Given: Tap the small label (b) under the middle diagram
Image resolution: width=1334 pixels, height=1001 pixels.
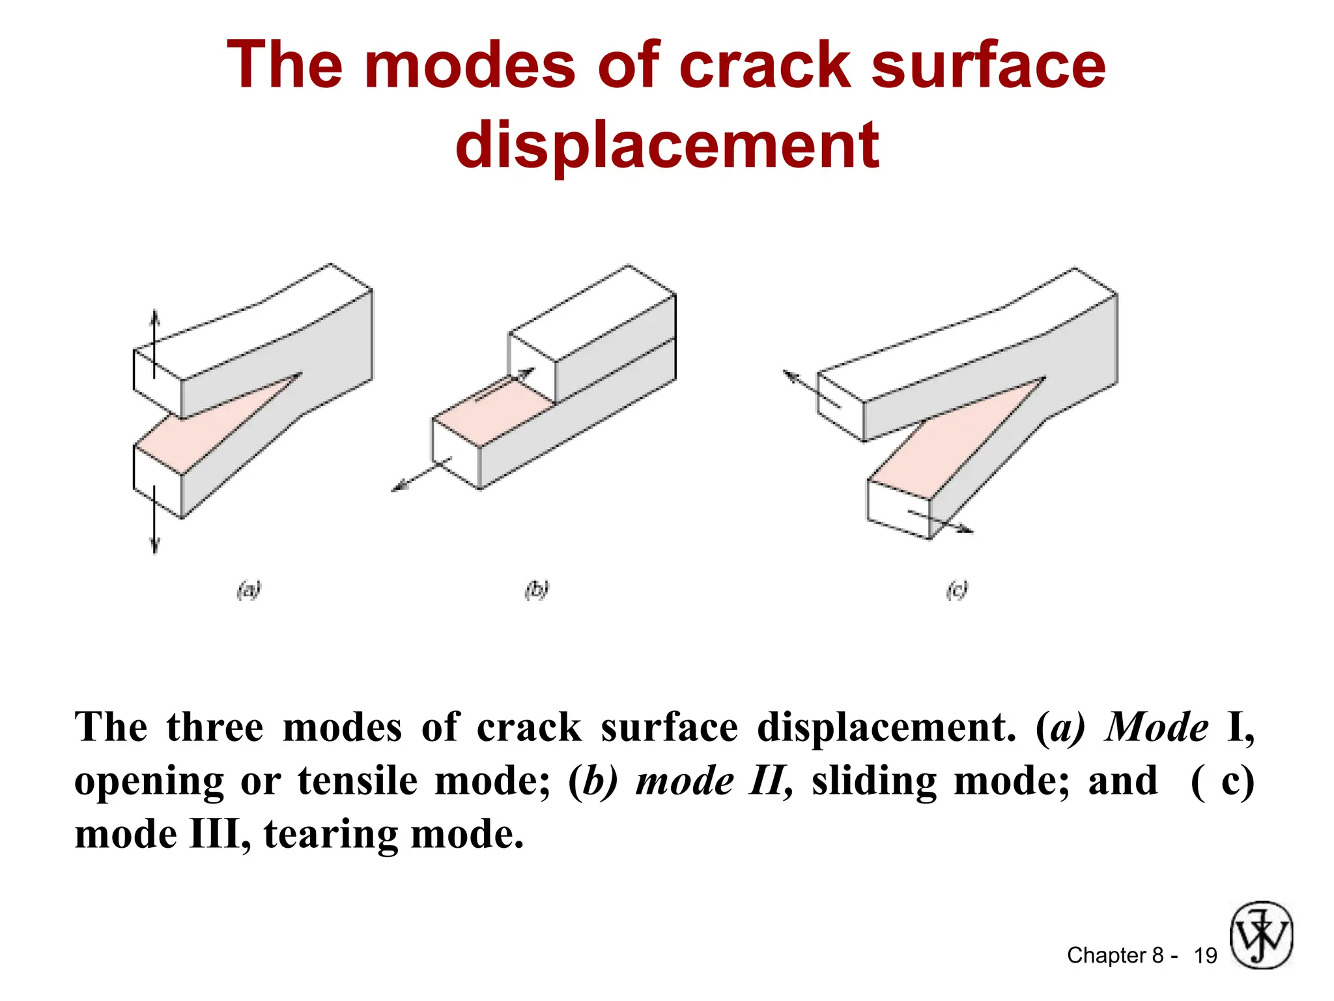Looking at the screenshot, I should (x=537, y=590).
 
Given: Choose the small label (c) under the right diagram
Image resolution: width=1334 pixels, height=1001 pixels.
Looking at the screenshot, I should (x=957, y=590).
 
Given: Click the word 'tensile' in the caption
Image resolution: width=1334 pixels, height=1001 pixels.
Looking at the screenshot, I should (x=358, y=781).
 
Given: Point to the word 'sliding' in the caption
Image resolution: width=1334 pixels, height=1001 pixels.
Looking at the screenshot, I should (x=874, y=781).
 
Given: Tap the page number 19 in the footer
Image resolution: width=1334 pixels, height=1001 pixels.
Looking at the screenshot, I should (x=1205, y=955).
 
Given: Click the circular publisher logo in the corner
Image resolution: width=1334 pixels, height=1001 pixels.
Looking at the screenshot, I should (x=1261, y=935).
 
